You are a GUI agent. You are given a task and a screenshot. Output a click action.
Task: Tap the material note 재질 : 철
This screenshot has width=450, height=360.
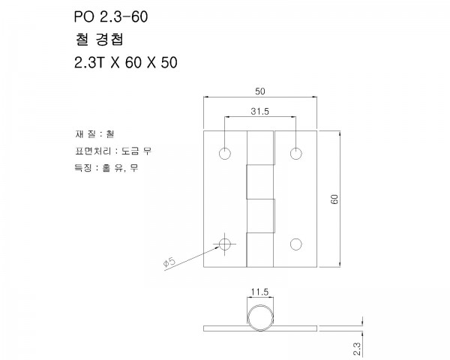point(94,134)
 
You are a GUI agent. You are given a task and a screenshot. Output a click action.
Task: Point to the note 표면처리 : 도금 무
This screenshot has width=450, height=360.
point(108,151)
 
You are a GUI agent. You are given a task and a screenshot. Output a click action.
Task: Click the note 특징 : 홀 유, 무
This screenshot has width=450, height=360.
point(103,168)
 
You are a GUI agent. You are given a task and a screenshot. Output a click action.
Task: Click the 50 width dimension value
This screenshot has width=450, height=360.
point(260,91)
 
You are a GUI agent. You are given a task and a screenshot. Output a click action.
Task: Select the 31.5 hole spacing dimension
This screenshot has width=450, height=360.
point(260,111)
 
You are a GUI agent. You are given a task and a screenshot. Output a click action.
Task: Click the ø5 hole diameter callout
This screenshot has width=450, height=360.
point(169,262)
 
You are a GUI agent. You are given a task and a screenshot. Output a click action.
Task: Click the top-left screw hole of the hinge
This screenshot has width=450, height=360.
point(225,153)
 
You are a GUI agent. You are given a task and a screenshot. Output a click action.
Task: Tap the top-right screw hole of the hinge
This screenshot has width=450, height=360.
point(296,153)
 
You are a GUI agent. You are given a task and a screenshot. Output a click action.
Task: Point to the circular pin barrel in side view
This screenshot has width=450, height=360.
point(260,318)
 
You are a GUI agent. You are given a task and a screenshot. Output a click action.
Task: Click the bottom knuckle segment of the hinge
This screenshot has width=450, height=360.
point(260,233)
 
